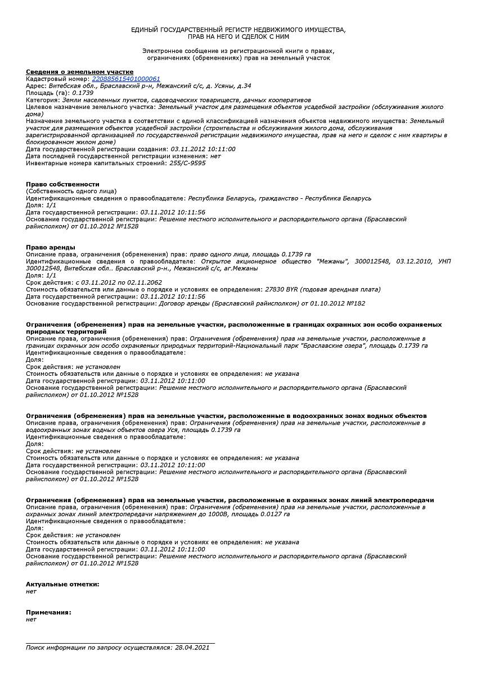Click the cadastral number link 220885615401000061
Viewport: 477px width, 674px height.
(126, 79)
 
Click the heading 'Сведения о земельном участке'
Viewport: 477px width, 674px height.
(80, 72)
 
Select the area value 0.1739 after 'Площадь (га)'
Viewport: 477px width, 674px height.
(83, 93)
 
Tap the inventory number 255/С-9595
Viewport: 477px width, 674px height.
(187, 163)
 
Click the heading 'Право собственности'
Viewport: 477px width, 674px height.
(62, 184)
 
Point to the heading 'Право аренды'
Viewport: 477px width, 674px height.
(51, 247)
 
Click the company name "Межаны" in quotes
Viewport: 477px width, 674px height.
(333, 261)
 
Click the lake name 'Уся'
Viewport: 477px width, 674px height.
(173, 430)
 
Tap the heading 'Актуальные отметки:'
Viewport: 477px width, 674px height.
(62, 584)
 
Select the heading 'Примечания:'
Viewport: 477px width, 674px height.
(48, 612)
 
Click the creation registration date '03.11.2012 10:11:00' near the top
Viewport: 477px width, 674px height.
(203, 149)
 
